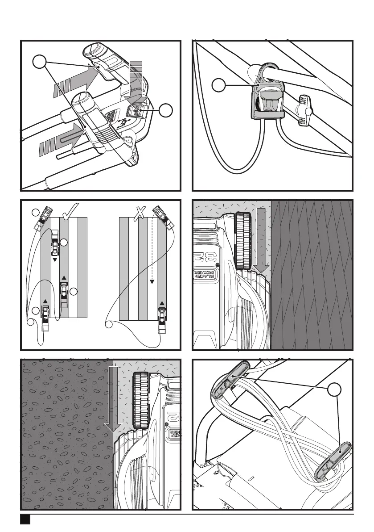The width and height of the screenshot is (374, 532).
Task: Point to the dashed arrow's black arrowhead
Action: tap(152, 281)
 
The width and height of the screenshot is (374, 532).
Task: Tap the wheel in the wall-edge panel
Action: tap(243, 241)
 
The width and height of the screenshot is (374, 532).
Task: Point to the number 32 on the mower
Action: tap(200, 258)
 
